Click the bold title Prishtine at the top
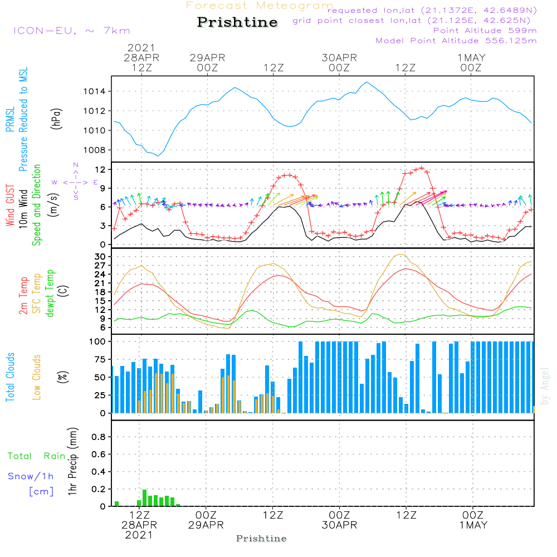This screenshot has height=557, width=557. pos(237,22)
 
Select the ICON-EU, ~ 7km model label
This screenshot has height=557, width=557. pos(72,31)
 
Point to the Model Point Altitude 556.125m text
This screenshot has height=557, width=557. pos(456,41)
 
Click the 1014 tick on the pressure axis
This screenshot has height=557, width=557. pos(95,92)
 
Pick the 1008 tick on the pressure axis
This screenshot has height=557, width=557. pos(95,150)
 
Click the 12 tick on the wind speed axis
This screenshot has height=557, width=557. pos(100,169)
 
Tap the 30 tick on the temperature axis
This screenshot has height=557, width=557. pos(100,256)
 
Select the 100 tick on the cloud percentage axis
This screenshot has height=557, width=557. pos(97,341)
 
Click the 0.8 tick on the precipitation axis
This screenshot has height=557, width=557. pos(99,437)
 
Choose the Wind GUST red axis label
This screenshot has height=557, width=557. pos(10,205)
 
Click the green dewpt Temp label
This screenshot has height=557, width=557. pos(50,293)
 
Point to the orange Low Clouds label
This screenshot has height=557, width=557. pos(37,377)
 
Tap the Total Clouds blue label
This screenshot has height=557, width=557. pos(10,377)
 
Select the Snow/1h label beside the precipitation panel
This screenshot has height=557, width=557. pos(31,476)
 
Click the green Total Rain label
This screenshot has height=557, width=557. pos(37,456)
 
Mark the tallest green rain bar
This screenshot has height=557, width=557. pos(145,497)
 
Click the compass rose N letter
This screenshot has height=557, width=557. pos(76,165)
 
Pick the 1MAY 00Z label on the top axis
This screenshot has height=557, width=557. pos(471,62)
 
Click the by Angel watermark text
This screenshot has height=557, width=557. pos(544,386)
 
